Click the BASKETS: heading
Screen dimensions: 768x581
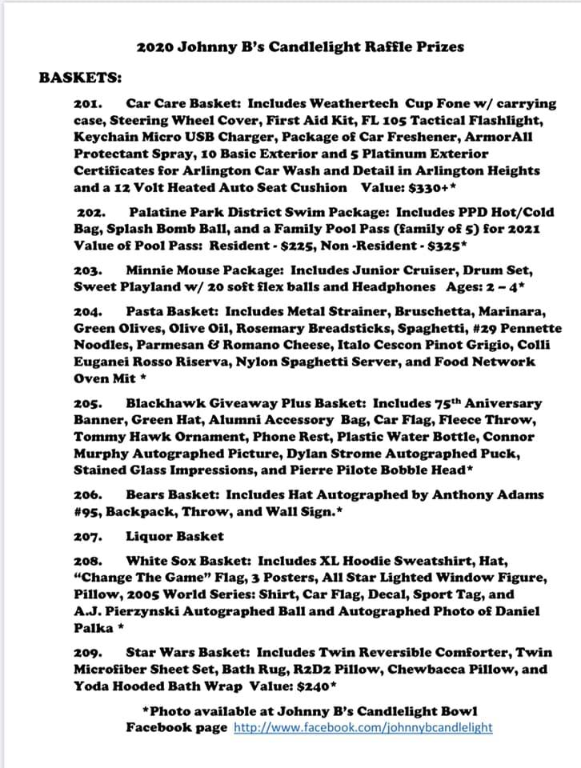tap(81, 78)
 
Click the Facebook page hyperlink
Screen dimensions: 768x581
tap(363, 727)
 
